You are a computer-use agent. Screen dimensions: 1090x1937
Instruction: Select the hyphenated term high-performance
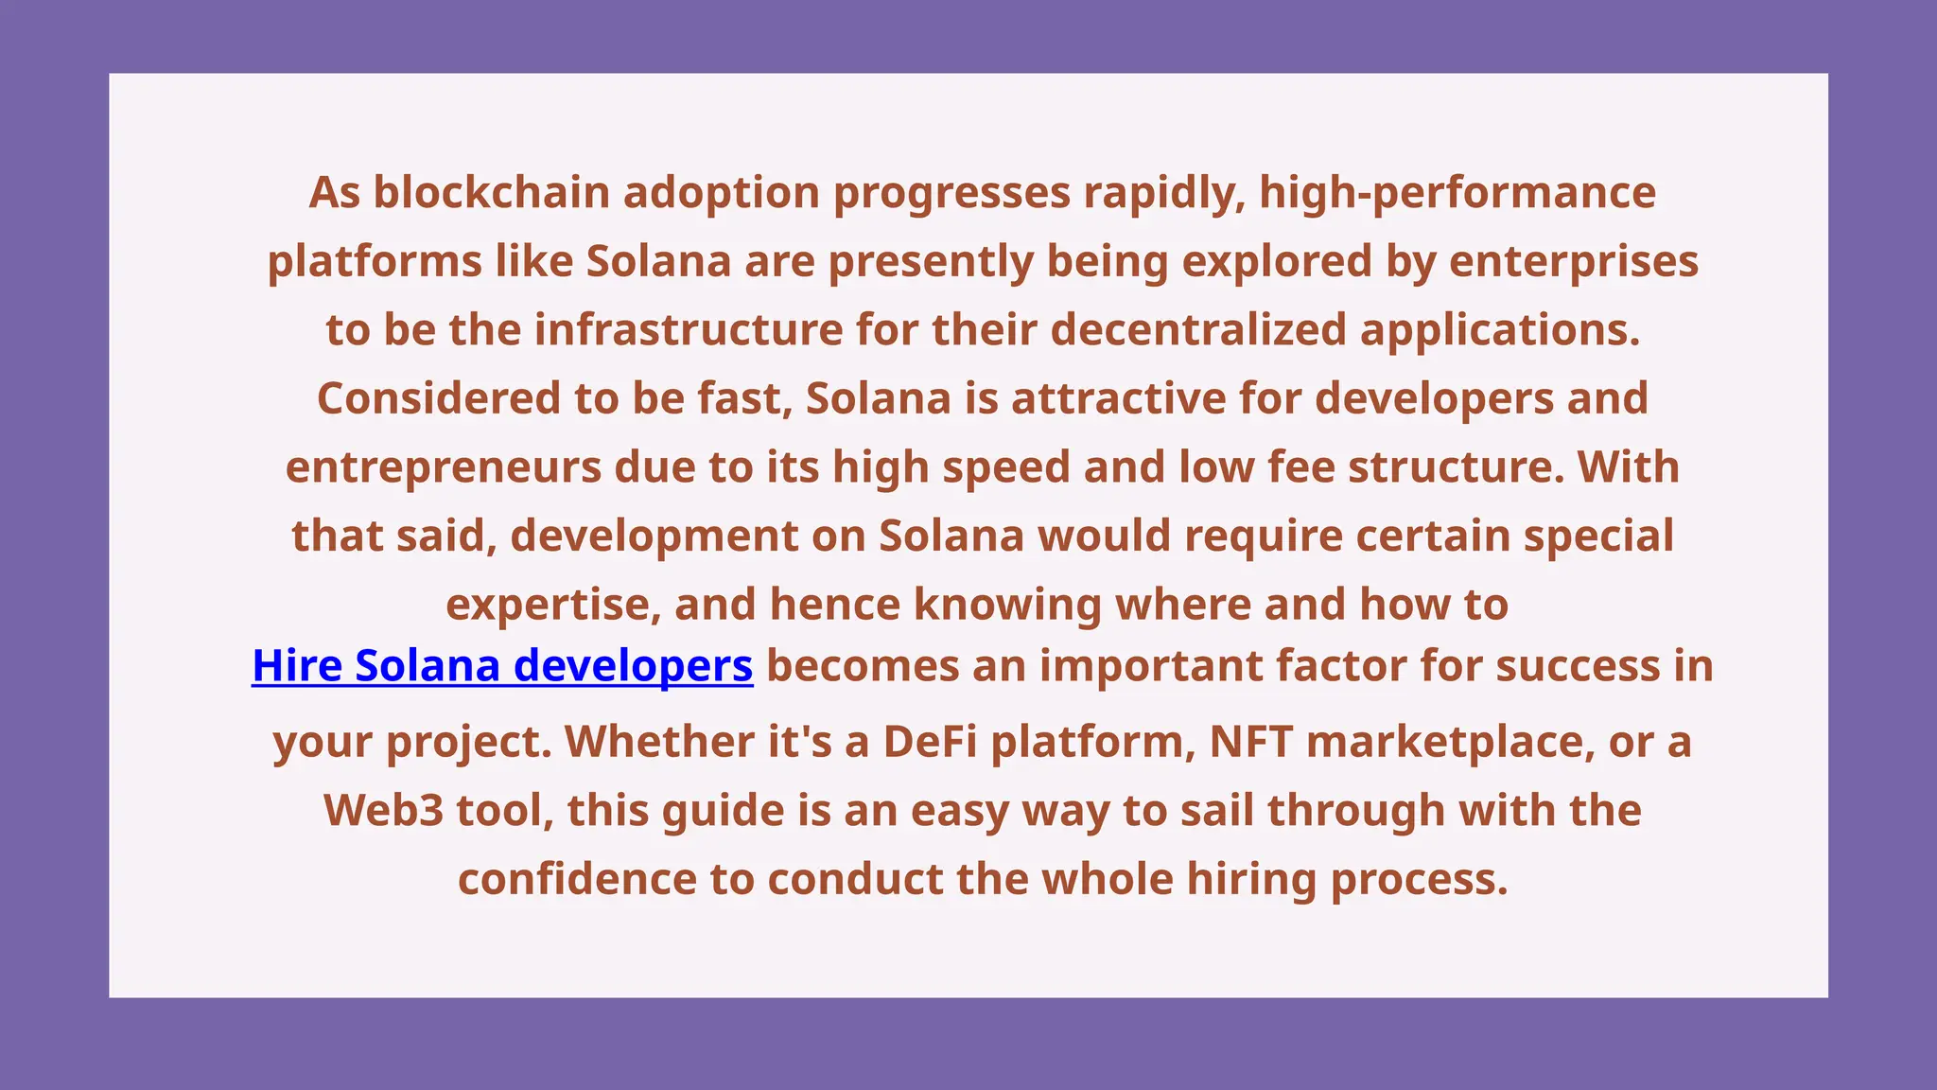[1457, 192]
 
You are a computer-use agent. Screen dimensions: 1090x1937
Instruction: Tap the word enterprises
[1574, 261]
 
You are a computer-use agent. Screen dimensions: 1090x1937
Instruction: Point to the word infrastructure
[689, 330]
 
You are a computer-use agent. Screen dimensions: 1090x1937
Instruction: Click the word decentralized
[1198, 330]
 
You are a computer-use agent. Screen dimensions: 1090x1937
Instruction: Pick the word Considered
[439, 398]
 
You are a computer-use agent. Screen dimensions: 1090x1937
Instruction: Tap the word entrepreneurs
[444, 467]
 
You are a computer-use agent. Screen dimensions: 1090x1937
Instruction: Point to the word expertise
[553, 605]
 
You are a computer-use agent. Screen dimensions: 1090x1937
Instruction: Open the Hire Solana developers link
[502, 665]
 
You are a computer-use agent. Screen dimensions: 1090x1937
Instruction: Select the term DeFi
[930, 742]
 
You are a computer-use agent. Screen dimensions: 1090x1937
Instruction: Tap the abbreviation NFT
[1250, 742]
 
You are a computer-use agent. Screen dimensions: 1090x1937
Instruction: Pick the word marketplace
[1444, 742]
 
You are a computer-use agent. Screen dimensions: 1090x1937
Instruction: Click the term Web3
[383, 811]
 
